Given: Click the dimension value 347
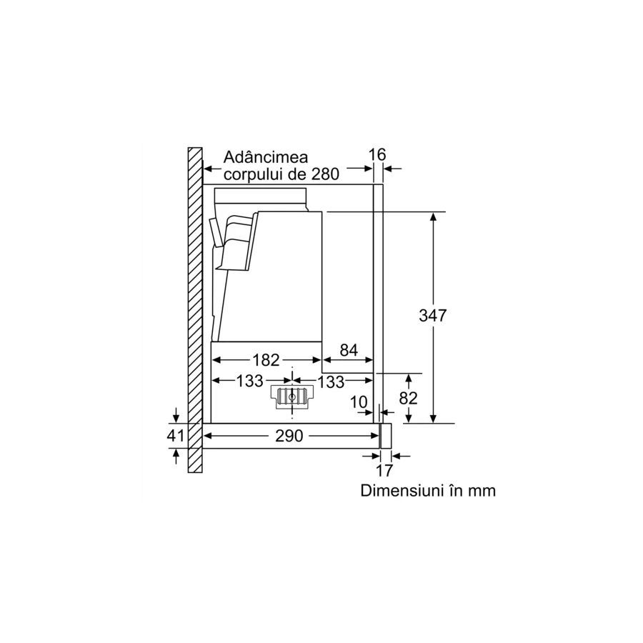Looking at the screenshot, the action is click(433, 315).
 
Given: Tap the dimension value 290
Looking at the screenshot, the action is click(289, 436).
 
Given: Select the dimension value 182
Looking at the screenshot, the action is click(266, 359).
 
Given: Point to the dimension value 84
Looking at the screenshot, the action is click(349, 350).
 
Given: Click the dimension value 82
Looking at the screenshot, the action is click(408, 398).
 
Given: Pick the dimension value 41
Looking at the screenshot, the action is click(175, 436).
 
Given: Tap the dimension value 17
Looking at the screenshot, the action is click(384, 470).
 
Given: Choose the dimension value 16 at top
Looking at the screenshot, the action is click(377, 154).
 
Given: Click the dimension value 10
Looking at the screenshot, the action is click(359, 402).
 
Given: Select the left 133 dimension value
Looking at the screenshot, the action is click(249, 381).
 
